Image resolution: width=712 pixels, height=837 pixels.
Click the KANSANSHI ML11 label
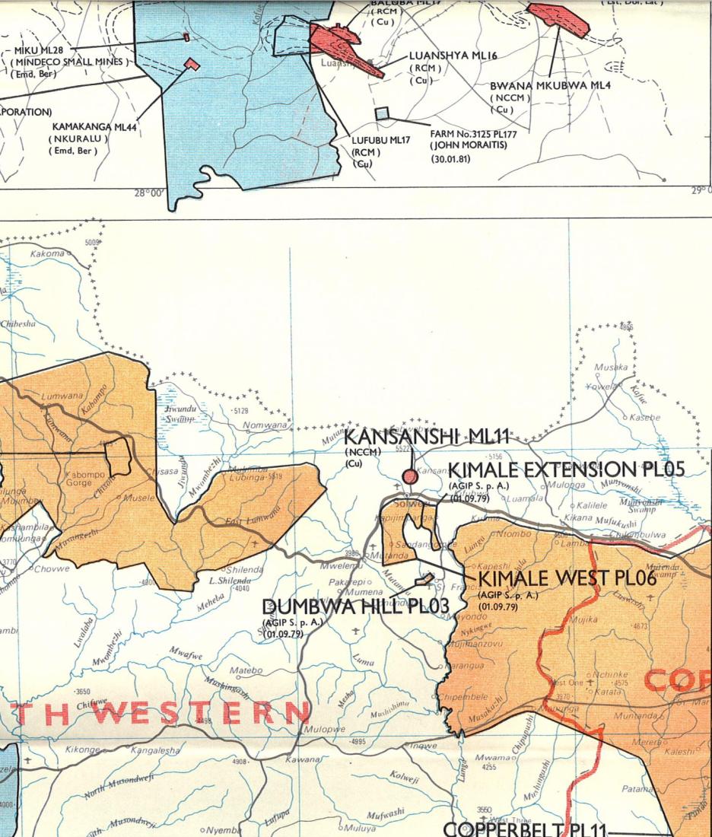[x=425, y=437]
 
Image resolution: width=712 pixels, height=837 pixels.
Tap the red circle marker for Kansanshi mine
[x=410, y=477]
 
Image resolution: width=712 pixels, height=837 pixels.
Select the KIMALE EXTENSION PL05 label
[x=567, y=469]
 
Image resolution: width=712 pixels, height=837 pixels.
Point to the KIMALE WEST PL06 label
[x=566, y=578]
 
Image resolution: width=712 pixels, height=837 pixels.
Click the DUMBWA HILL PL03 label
[x=355, y=607]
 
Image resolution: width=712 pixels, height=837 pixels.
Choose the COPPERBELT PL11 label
[x=524, y=828]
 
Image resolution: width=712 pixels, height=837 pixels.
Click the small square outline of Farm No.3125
[x=382, y=113]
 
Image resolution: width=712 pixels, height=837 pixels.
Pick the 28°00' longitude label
[x=149, y=193]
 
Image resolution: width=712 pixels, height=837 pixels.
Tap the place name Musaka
[x=611, y=368]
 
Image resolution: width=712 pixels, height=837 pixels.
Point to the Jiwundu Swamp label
[x=180, y=413]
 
